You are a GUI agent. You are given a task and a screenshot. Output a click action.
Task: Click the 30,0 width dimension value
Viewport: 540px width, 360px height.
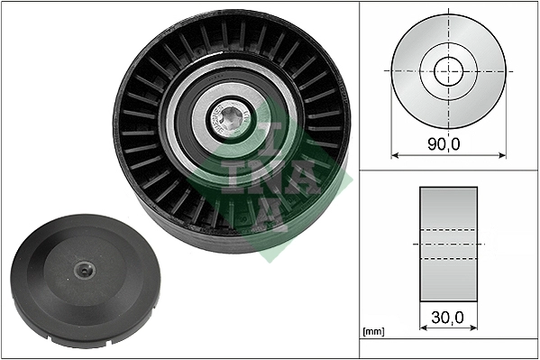click(x=448, y=318)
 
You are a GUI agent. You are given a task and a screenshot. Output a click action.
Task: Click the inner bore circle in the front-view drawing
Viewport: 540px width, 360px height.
click(x=448, y=70)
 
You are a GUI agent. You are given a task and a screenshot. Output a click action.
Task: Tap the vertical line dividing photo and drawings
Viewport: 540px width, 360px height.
click(x=359, y=180)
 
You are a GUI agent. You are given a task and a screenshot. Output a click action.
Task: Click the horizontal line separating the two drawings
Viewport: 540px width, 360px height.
click(x=448, y=171)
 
